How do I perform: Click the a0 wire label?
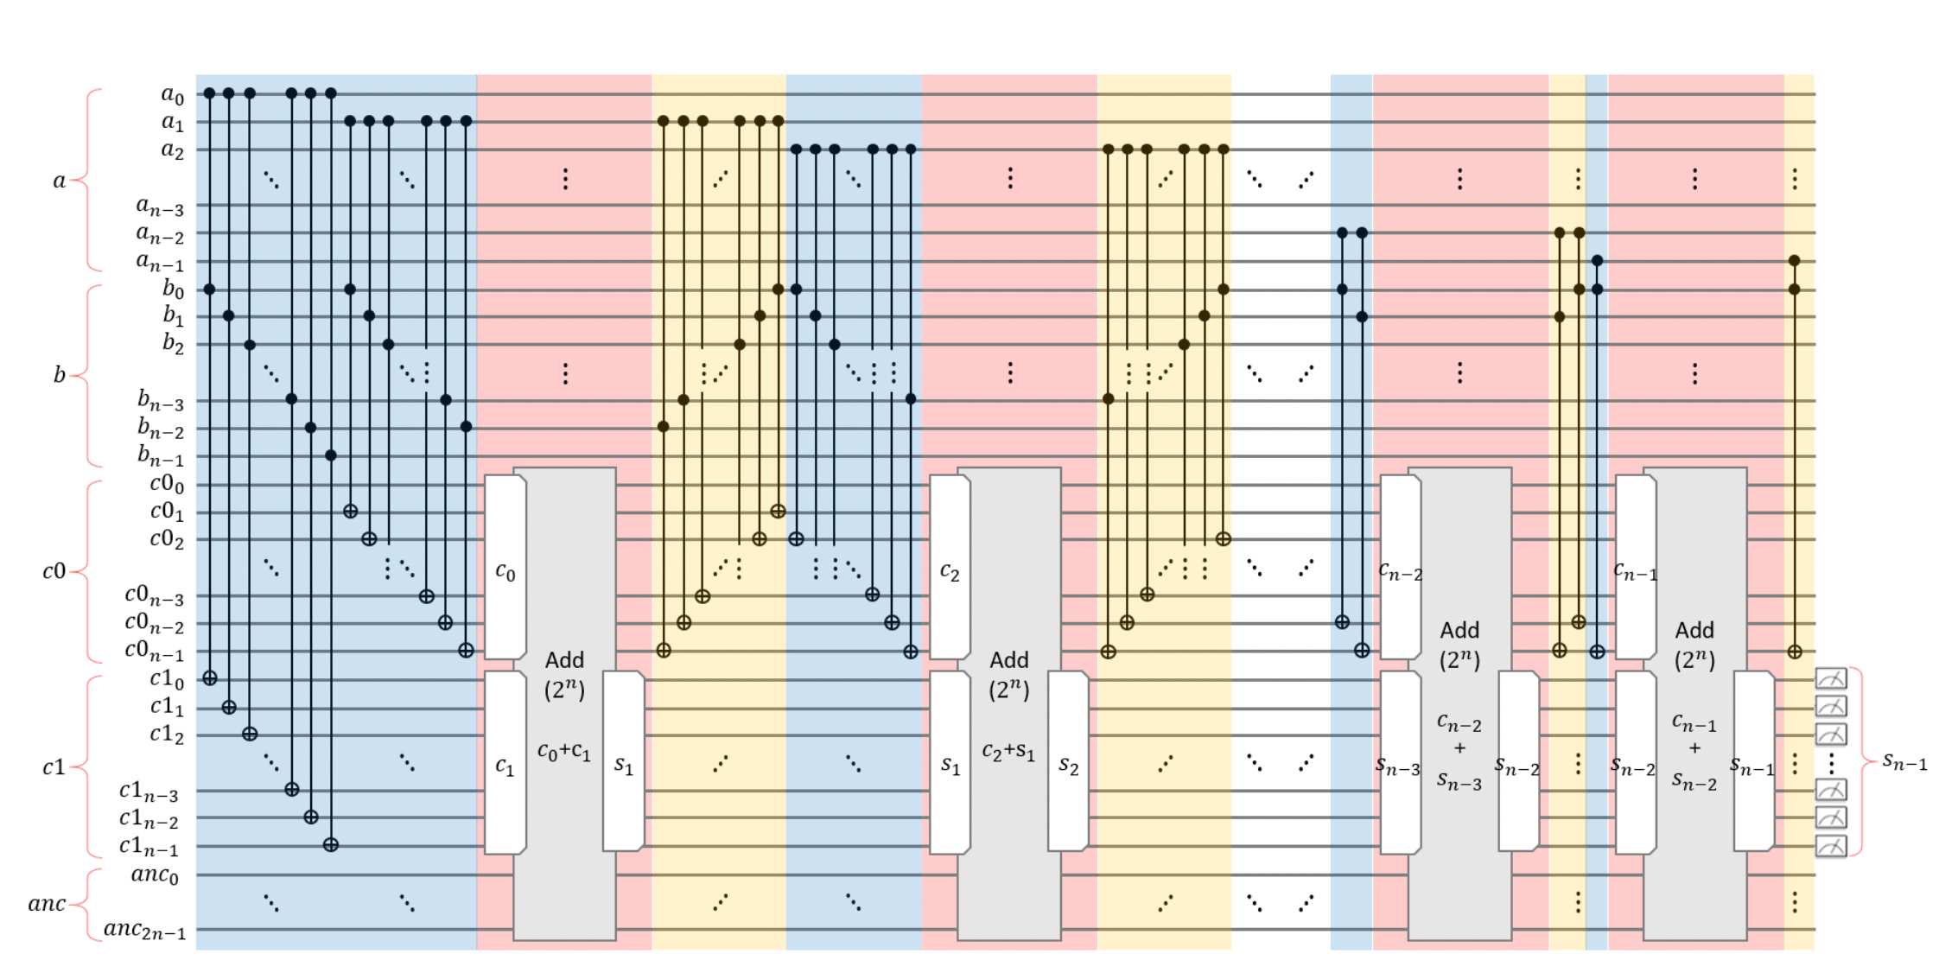tap(173, 94)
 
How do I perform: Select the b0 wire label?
tap(174, 289)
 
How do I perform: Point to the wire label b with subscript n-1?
tap(161, 455)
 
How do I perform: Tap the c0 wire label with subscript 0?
tap(167, 484)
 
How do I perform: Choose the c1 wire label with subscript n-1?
tap(149, 846)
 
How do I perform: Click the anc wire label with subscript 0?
tap(155, 874)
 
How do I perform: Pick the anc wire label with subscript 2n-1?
tap(144, 930)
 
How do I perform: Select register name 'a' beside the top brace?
tap(59, 181)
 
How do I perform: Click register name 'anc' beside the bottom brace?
tap(47, 904)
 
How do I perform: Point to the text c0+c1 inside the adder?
tap(564, 752)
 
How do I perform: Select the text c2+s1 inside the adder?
tap(1008, 752)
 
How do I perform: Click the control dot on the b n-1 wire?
tap(331, 455)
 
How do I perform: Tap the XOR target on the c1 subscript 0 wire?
tap(209, 678)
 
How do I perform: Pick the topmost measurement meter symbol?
tap(1831, 678)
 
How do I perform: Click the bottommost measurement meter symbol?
tap(1831, 846)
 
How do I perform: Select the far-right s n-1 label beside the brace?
tap(1904, 762)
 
